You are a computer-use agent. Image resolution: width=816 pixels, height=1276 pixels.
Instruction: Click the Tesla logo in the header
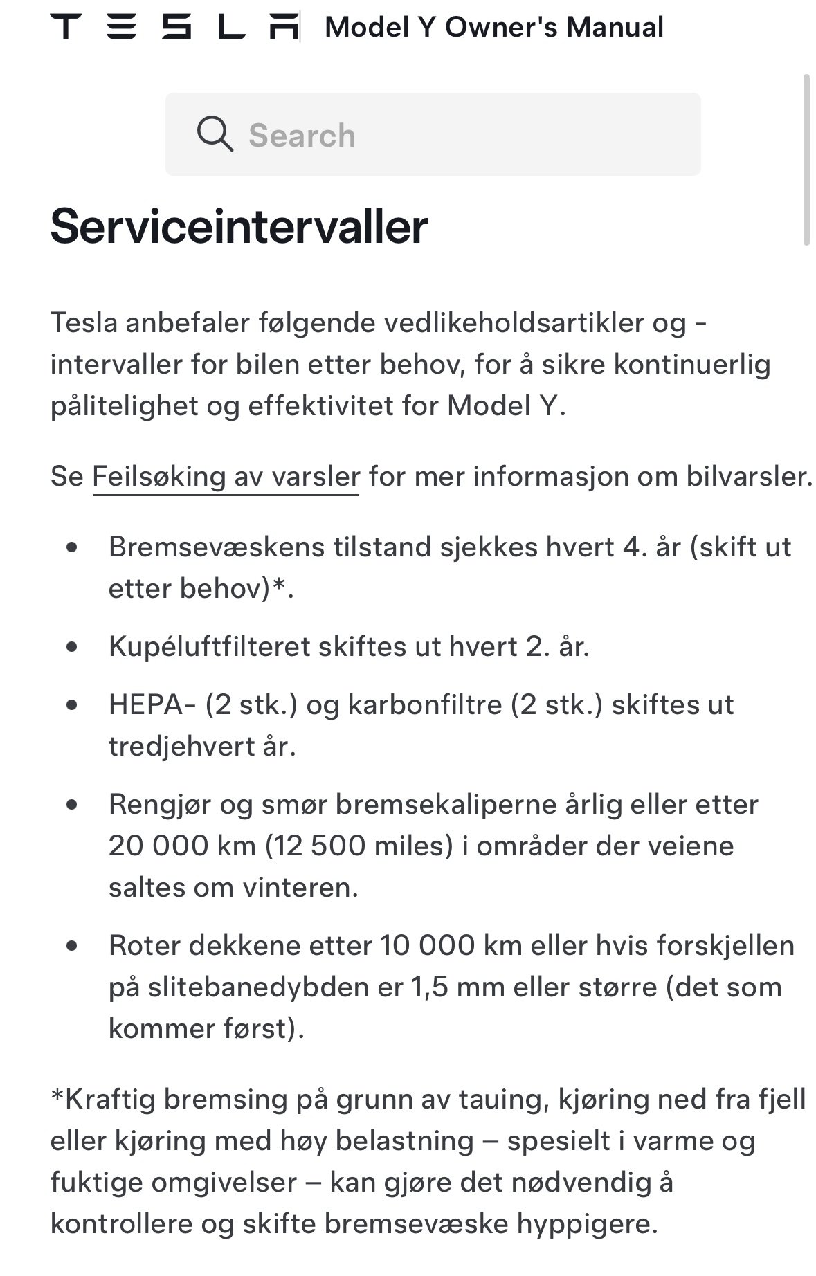point(174,28)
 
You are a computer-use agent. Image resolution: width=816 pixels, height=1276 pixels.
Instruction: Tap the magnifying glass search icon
point(215,134)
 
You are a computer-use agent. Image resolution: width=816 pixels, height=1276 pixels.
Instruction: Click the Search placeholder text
point(302,136)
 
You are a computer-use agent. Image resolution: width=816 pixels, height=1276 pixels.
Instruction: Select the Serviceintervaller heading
point(239,226)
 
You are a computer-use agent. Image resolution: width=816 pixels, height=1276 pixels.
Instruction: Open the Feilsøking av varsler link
point(226,477)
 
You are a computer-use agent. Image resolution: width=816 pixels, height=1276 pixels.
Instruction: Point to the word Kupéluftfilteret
point(209,647)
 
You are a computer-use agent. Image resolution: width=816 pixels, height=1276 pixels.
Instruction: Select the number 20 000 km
point(182,846)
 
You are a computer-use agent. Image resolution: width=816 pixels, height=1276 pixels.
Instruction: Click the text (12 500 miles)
point(359,846)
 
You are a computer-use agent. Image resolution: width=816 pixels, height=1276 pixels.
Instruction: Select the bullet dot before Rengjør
point(72,805)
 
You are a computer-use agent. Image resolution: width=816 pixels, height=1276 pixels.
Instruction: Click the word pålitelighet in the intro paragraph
point(124,406)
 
